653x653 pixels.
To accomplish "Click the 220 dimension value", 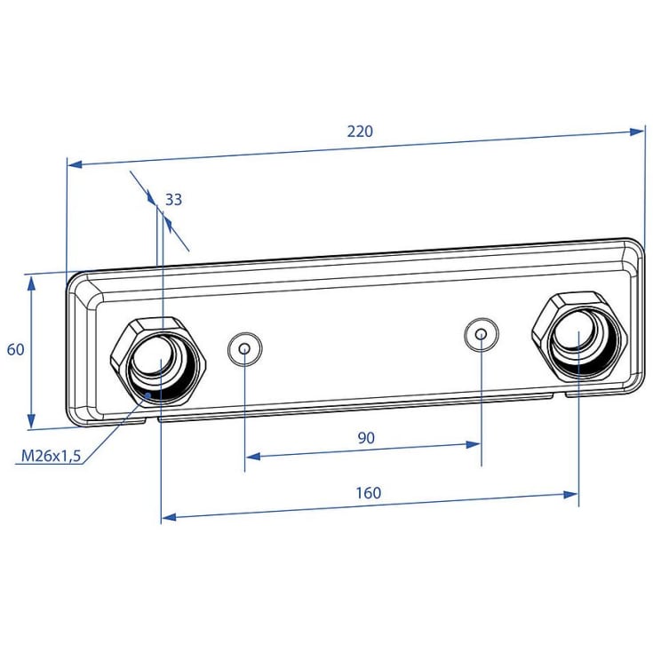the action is [x=360, y=131].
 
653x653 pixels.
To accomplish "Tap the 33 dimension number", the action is [x=173, y=200].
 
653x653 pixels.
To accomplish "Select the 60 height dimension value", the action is [x=16, y=349].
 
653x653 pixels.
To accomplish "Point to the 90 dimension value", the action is [x=366, y=438].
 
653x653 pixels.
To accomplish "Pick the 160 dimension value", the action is [x=368, y=493].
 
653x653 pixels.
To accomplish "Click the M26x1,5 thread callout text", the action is [x=51, y=456].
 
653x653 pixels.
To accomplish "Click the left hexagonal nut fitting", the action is [x=158, y=361].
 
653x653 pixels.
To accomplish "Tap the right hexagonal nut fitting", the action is [x=579, y=334].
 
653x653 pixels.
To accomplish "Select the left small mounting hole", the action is [x=245, y=349].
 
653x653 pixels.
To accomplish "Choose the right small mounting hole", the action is [x=482, y=334].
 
